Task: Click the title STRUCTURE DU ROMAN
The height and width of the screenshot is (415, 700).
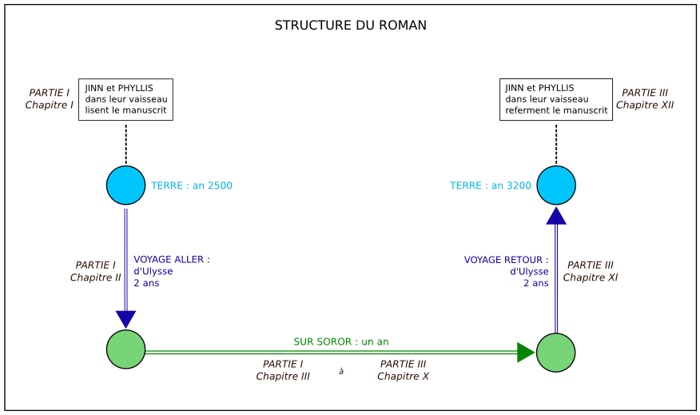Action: point(350,26)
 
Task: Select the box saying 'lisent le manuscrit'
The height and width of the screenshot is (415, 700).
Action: point(125,99)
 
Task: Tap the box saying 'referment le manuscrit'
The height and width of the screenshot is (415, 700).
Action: point(556,99)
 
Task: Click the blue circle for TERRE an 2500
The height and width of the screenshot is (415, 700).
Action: point(125,186)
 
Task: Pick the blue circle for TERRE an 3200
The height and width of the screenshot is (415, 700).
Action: point(556,186)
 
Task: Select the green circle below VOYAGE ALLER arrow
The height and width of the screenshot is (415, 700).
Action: point(125,349)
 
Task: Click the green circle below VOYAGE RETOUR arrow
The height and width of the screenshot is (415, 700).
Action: point(556,353)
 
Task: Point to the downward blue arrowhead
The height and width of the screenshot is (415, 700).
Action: point(125,318)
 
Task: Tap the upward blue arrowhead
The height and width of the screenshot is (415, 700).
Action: point(556,216)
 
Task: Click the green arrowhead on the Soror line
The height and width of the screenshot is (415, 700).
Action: point(525,353)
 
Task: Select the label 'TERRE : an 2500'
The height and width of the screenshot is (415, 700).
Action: point(192,186)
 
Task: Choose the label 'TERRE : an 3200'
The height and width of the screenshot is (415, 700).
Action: point(490,186)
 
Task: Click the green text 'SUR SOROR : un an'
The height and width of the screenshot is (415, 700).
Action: point(341,341)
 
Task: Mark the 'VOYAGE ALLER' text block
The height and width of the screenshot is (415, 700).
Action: point(171,271)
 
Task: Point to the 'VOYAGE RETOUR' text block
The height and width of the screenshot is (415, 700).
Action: point(507,271)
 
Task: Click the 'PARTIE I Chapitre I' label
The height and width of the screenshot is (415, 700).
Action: point(50,99)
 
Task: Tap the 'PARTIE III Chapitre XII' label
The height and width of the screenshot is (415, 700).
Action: point(645,99)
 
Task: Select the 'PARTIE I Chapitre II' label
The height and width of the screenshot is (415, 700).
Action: point(95,271)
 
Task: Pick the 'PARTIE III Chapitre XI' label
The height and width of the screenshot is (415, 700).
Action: point(590,271)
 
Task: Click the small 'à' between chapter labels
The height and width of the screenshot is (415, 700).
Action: point(341,371)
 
